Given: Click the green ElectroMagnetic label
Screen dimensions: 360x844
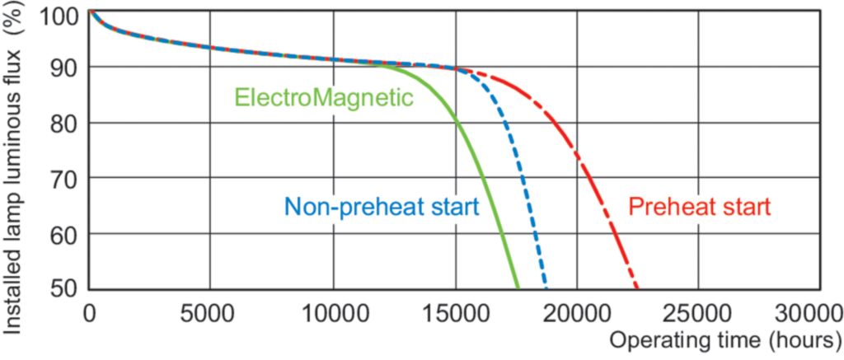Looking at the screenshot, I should (x=324, y=97).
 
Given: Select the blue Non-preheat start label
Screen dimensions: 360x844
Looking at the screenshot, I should (x=382, y=206).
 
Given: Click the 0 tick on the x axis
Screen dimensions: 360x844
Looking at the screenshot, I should (x=90, y=313).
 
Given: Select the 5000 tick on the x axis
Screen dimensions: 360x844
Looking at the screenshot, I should (x=209, y=313).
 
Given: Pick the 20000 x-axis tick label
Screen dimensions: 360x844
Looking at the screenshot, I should (x=577, y=313).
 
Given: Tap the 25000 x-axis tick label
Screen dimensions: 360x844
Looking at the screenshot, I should (x=699, y=313).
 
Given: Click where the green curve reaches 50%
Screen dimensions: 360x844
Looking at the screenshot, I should (x=518, y=288).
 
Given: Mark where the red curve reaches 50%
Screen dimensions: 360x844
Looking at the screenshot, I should (x=637, y=288).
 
